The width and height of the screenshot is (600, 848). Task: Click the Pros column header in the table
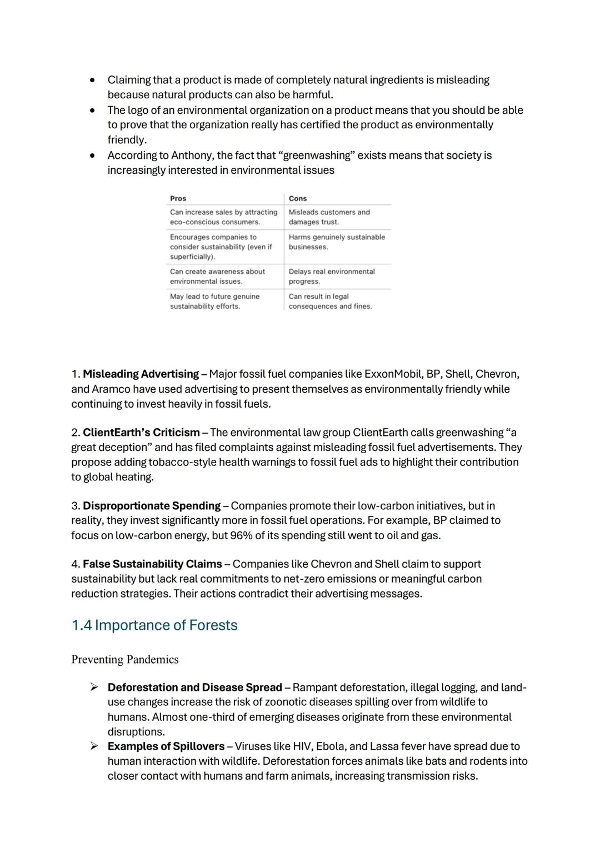(178, 198)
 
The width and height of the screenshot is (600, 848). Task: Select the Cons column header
(298, 198)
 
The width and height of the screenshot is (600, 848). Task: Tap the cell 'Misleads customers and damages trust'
(329, 217)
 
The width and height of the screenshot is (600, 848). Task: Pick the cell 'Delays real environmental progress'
(332, 277)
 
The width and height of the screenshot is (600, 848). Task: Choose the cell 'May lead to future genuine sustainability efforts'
(214, 302)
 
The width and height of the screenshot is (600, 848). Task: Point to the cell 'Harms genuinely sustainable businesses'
(337, 242)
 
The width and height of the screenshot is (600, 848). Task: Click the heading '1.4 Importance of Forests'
(154, 625)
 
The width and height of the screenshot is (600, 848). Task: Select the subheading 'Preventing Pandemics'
(125, 660)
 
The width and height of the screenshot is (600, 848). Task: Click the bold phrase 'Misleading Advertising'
(141, 374)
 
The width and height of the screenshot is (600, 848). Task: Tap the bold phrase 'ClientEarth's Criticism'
(141, 433)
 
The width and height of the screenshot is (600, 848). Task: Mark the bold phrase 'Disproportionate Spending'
(152, 506)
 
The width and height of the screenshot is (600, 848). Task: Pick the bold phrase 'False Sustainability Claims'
(152, 564)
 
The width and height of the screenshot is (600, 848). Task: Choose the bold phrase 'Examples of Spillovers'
(166, 746)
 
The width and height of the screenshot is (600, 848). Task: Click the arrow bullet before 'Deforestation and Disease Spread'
(94, 688)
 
